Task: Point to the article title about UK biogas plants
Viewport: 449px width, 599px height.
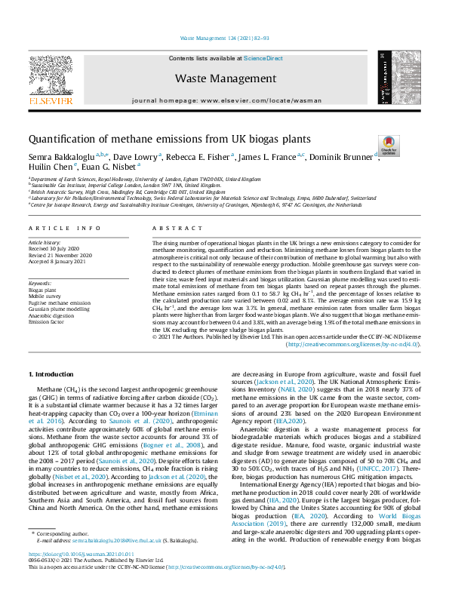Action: tap(159, 140)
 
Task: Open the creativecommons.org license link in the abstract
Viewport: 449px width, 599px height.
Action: tap(354, 344)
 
